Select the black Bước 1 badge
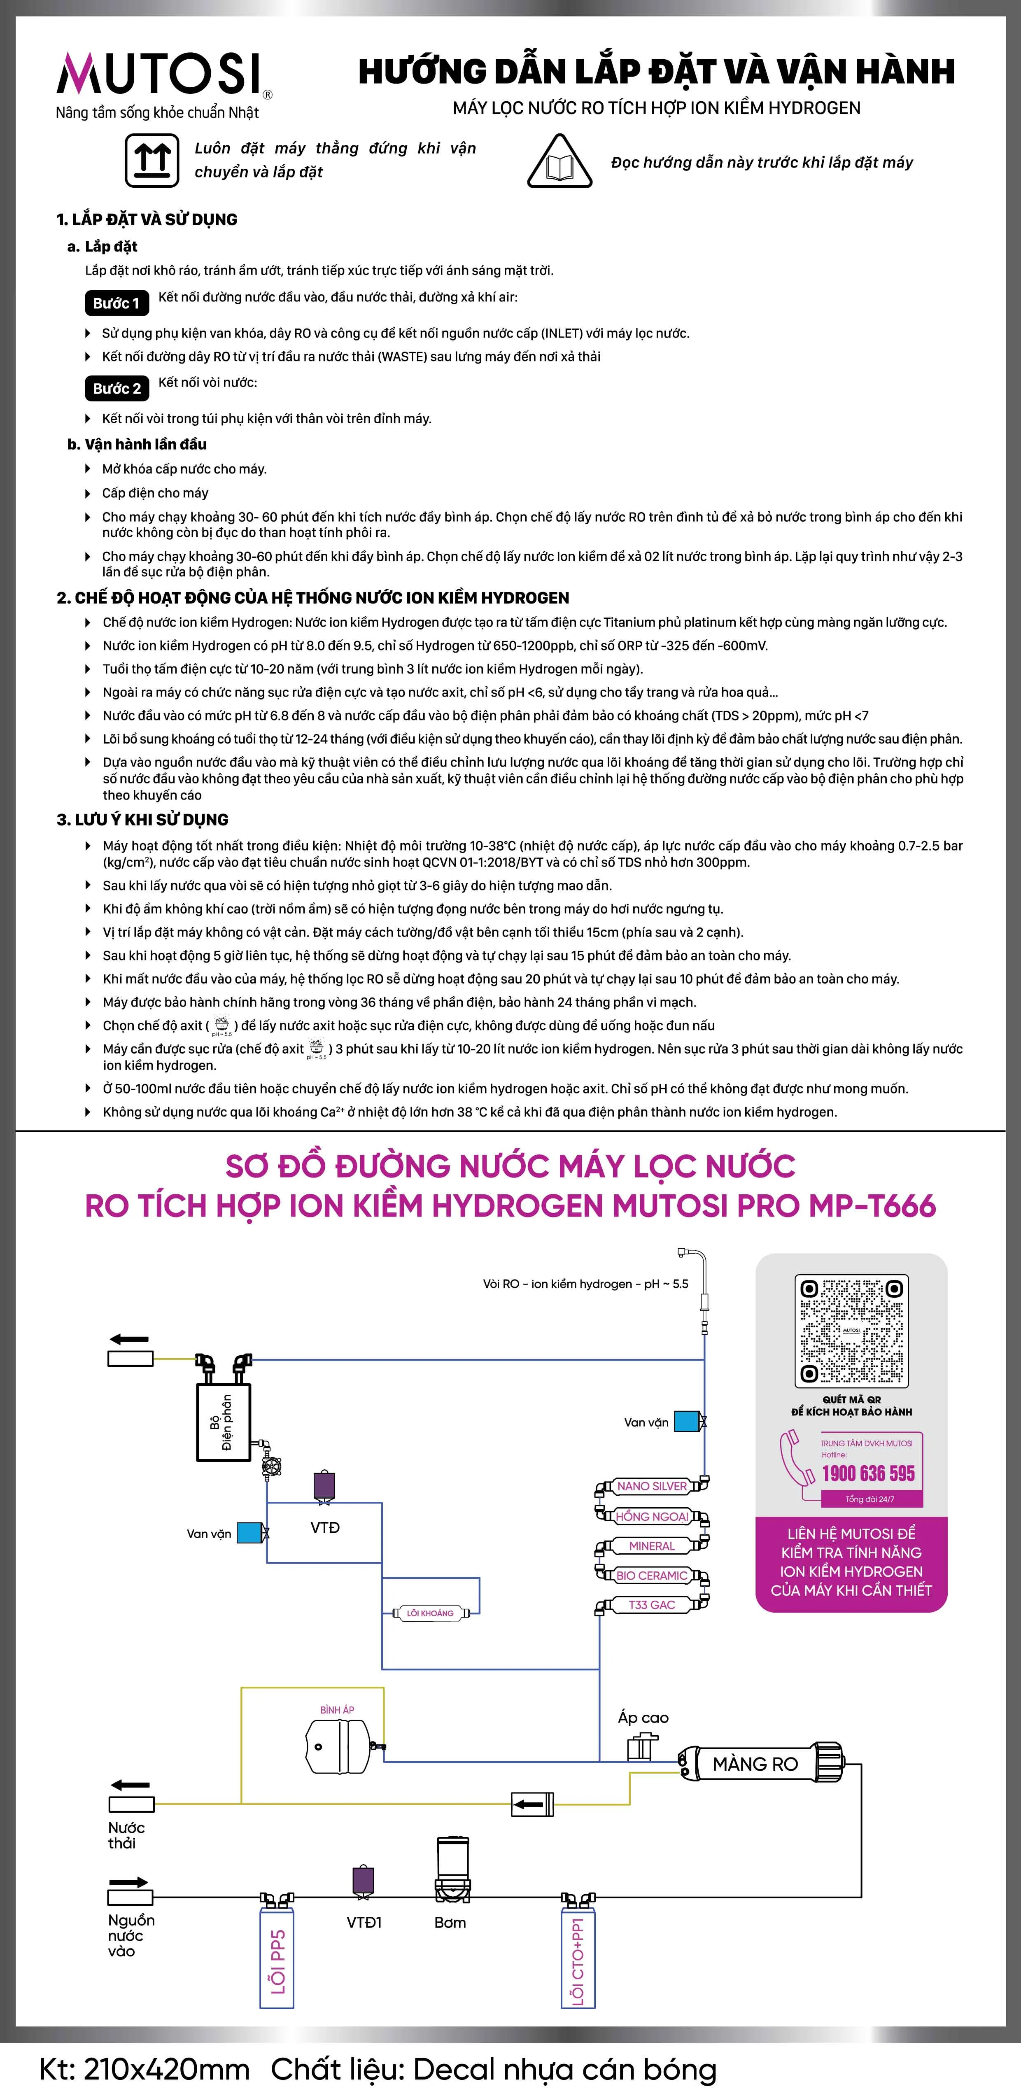pos(116,303)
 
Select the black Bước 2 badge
pos(116,389)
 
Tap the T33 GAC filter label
pos(652,1605)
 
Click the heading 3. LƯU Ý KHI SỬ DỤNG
pos(143,820)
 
